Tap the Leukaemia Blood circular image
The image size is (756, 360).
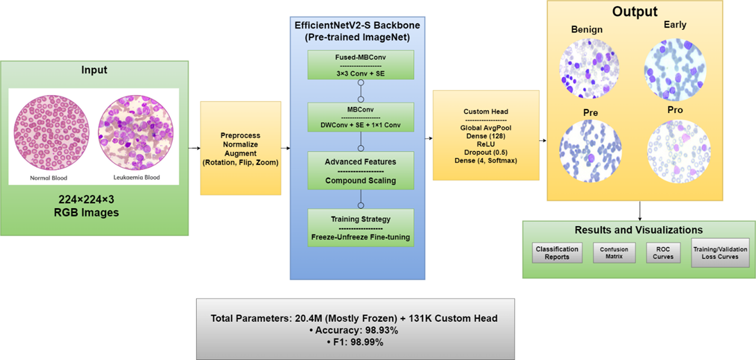pyautogui.click(x=137, y=132)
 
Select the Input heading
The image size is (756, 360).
pyautogui.click(x=94, y=70)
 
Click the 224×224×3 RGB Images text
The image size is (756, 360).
pyautogui.click(x=94, y=206)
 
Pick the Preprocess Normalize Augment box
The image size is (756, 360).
pyautogui.click(x=241, y=148)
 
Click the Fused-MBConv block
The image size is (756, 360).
pyautogui.click(x=361, y=65)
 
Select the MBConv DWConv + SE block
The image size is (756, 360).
pyautogui.click(x=361, y=117)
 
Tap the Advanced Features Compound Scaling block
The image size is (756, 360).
pyautogui.click(x=361, y=171)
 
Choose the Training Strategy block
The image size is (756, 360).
pyautogui.click(x=361, y=228)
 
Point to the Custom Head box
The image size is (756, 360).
pyautogui.click(x=486, y=135)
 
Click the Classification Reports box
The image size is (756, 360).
pyautogui.click(x=557, y=252)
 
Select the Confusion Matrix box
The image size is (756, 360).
pyautogui.click(x=614, y=252)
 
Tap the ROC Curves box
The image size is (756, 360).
pyautogui.click(x=663, y=252)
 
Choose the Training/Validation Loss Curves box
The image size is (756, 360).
pyautogui.click(x=719, y=252)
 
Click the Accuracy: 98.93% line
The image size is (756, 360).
pyautogui.click(x=354, y=330)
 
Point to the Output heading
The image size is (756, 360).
pyautogui.click(x=635, y=12)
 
